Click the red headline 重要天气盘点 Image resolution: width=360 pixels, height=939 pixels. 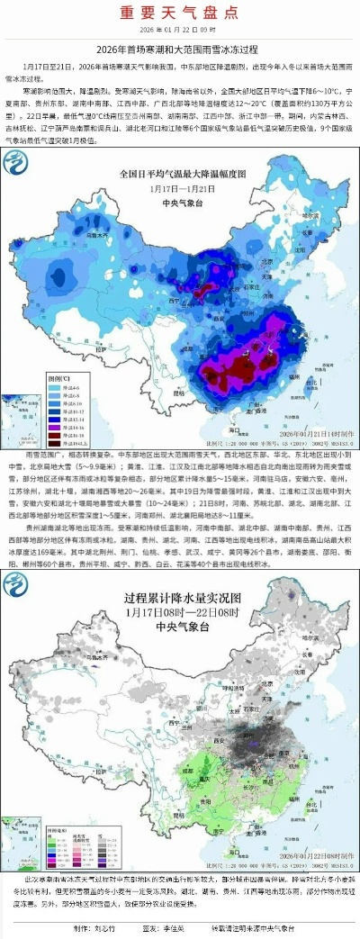tap(180, 13)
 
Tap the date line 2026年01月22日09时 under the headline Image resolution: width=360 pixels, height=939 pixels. tap(180, 30)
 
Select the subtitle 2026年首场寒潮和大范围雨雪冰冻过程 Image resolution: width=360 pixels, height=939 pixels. tap(180, 50)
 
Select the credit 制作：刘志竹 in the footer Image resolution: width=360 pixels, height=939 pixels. tap(94, 927)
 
